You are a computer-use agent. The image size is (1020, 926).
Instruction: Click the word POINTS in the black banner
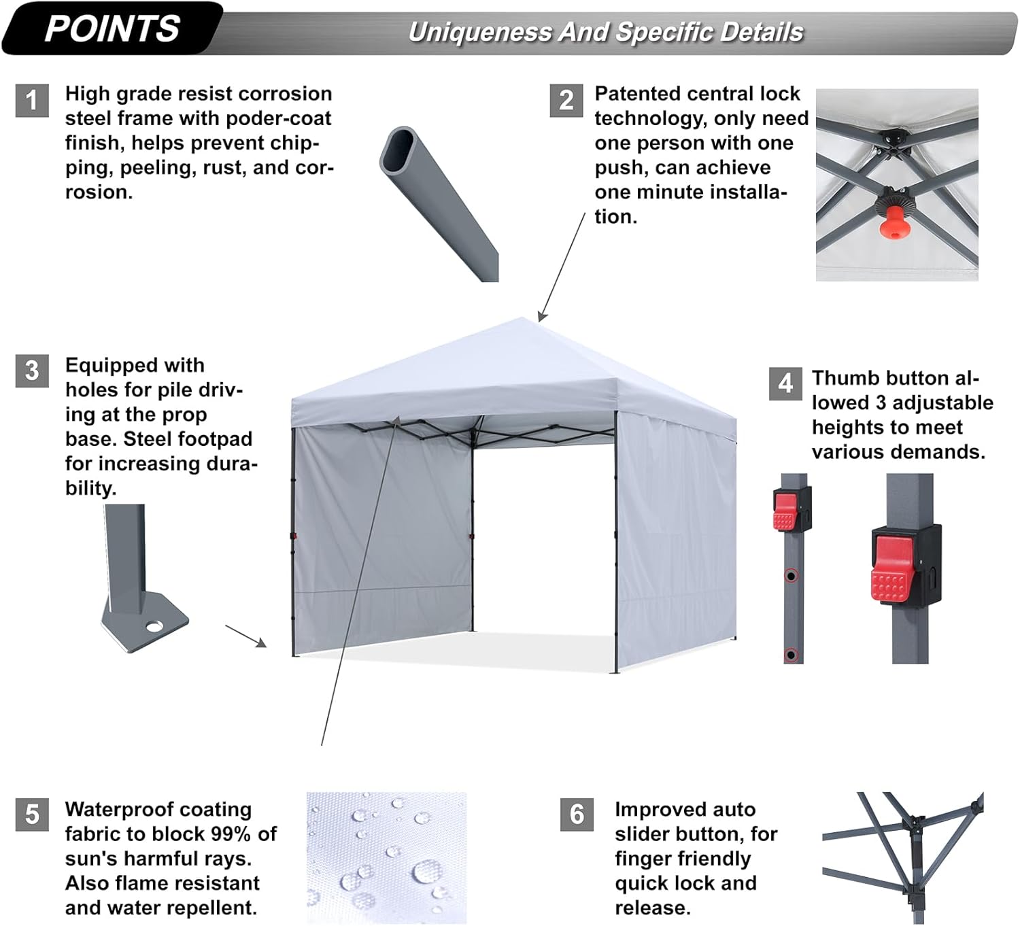(112, 29)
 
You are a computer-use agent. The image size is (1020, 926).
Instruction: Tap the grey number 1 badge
(32, 100)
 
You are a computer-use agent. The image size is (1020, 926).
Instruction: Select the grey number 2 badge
(566, 100)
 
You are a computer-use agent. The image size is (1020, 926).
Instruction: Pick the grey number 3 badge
(32, 371)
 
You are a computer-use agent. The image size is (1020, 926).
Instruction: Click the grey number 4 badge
(785, 383)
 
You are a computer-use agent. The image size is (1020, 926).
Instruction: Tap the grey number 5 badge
(32, 814)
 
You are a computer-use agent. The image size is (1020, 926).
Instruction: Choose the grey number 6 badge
(577, 814)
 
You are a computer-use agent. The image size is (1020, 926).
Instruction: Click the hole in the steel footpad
(154, 626)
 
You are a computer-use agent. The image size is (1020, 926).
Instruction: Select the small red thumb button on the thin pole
(785, 512)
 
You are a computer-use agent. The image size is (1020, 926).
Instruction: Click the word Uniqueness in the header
(479, 33)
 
